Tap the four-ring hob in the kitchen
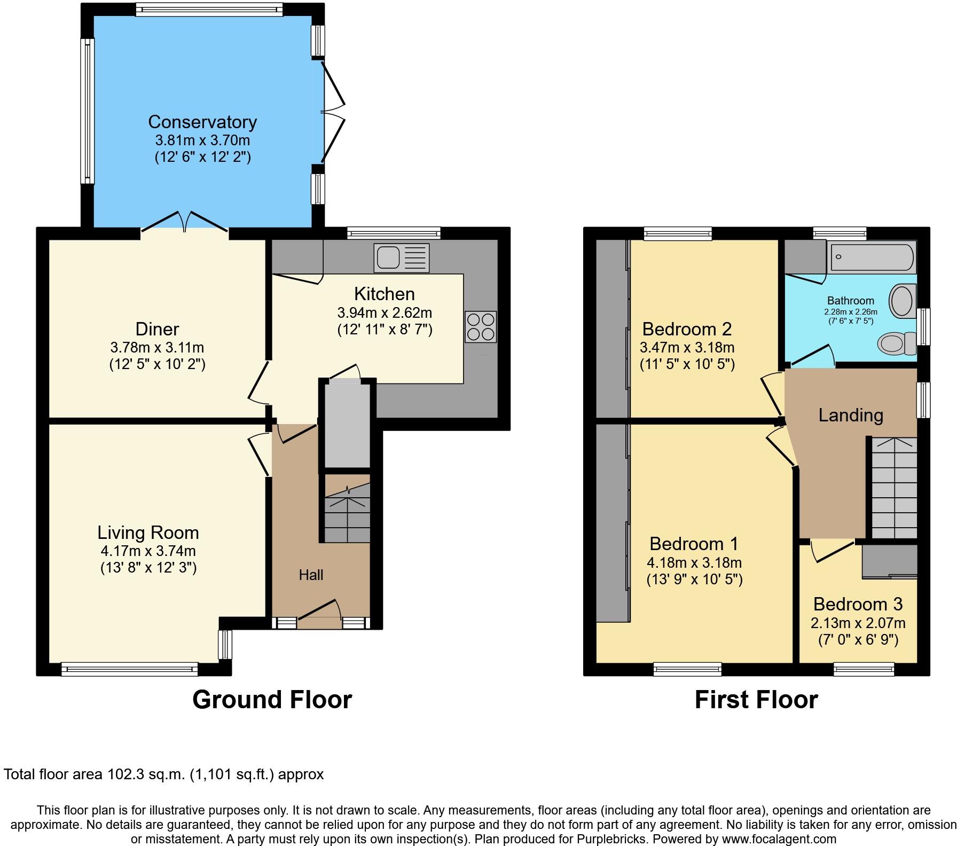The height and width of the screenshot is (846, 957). pos(481,326)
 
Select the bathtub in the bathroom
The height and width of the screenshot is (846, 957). pos(872,257)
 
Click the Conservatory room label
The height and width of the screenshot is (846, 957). pos(202,122)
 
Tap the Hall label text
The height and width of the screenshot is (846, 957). pos(311,575)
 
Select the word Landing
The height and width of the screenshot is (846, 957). pos(851,415)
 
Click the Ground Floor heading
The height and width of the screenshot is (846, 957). pos(272,700)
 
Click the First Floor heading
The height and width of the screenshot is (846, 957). pos(756,700)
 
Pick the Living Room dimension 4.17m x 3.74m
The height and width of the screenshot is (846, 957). pos(148,551)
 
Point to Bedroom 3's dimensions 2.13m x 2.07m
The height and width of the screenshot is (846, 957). pos(858,623)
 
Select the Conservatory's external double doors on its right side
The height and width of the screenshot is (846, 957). pos(332,112)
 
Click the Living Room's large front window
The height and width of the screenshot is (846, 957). pos(129,669)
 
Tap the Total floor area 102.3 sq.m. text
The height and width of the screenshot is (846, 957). pos(163,774)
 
